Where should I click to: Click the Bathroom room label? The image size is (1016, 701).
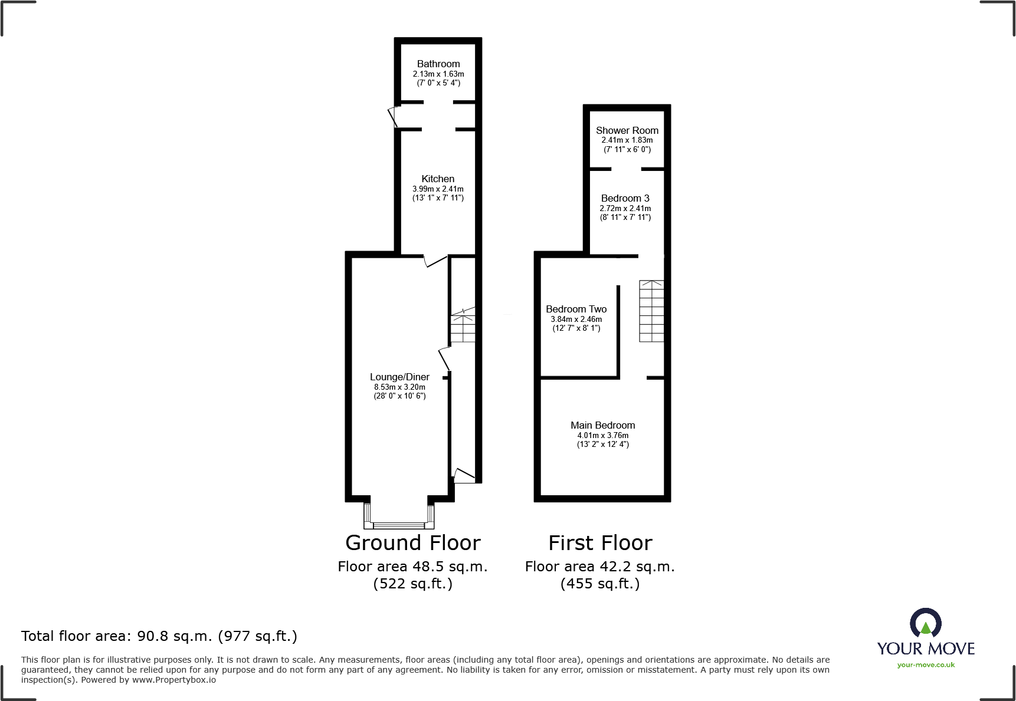pyautogui.click(x=438, y=64)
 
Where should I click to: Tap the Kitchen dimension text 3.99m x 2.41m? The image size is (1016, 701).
pyautogui.click(x=438, y=189)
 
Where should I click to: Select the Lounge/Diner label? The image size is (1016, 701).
pyautogui.click(x=399, y=377)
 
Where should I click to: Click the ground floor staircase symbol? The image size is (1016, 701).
pyautogui.click(x=463, y=326)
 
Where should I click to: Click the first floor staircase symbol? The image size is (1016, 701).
pyautogui.click(x=651, y=311)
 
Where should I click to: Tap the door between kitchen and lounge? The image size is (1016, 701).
pyautogui.click(x=435, y=261)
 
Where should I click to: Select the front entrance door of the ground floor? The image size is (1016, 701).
pyautogui.click(x=464, y=475)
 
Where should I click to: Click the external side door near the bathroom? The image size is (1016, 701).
pyautogui.click(x=394, y=116)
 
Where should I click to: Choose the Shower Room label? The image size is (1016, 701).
pyautogui.click(x=627, y=130)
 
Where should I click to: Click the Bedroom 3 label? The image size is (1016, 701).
pyautogui.click(x=625, y=198)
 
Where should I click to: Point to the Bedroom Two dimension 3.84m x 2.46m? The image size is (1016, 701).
pyautogui.click(x=576, y=319)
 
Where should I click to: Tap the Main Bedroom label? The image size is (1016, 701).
pyautogui.click(x=602, y=425)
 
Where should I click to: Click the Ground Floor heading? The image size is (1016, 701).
pyautogui.click(x=412, y=542)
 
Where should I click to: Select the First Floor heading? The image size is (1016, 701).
pyautogui.click(x=600, y=542)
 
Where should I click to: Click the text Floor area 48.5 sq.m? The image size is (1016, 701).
pyautogui.click(x=412, y=567)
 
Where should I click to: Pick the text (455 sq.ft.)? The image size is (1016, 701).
pyautogui.click(x=600, y=584)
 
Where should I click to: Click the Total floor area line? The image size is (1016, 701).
pyautogui.click(x=159, y=636)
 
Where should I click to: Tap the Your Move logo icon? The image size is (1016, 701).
pyautogui.click(x=925, y=623)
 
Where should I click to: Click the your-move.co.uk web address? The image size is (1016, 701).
pyautogui.click(x=926, y=665)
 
